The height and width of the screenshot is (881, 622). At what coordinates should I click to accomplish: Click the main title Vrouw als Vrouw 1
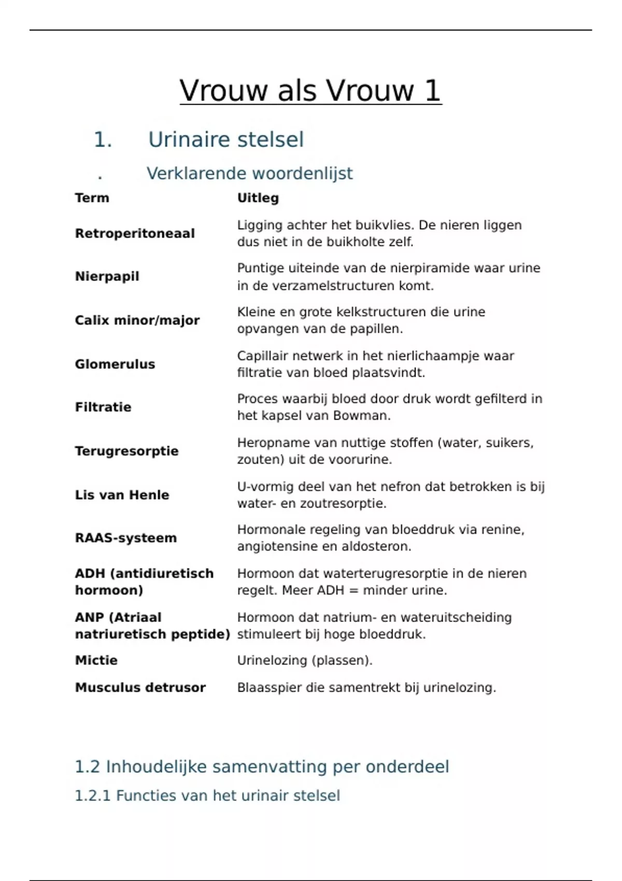point(310,91)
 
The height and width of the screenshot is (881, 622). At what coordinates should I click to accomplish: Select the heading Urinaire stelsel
point(225,139)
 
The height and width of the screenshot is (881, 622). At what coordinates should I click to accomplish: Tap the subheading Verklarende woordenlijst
point(249,173)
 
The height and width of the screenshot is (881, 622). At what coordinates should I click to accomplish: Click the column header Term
point(92,198)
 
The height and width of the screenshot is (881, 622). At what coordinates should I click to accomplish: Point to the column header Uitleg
point(258,198)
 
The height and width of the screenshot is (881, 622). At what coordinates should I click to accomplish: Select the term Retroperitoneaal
point(135,234)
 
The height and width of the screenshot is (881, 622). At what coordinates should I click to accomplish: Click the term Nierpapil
point(107,276)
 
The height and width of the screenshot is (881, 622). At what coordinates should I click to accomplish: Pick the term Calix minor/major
point(137,320)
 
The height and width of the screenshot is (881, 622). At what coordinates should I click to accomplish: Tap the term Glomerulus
point(115,364)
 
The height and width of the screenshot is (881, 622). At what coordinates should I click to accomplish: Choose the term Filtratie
point(103,407)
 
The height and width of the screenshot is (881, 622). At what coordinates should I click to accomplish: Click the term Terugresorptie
point(126,451)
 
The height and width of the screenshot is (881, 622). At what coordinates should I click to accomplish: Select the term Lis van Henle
point(122,495)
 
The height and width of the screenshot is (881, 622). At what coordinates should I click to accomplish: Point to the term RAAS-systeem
point(125,538)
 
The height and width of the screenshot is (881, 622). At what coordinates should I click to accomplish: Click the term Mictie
point(96,660)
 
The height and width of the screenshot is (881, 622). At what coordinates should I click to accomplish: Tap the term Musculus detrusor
point(140,688)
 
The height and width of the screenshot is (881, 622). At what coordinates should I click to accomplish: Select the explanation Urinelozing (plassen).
point(305,660)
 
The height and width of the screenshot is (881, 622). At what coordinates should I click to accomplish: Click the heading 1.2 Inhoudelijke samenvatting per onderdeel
point(262,766)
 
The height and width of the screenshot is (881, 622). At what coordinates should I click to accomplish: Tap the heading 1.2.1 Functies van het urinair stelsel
point(207,795)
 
